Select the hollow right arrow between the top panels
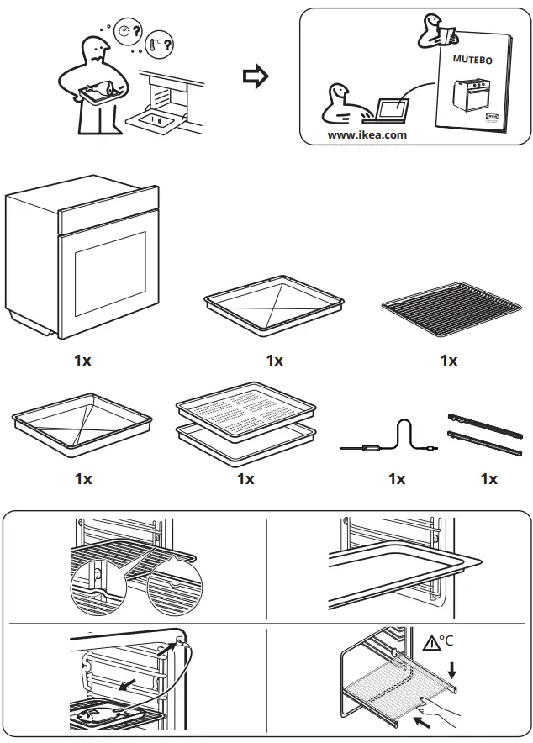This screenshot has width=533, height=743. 254,77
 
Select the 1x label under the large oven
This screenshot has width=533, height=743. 82,360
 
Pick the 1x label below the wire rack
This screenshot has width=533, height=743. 449,360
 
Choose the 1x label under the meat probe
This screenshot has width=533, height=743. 397,479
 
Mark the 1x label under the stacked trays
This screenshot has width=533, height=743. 245,479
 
